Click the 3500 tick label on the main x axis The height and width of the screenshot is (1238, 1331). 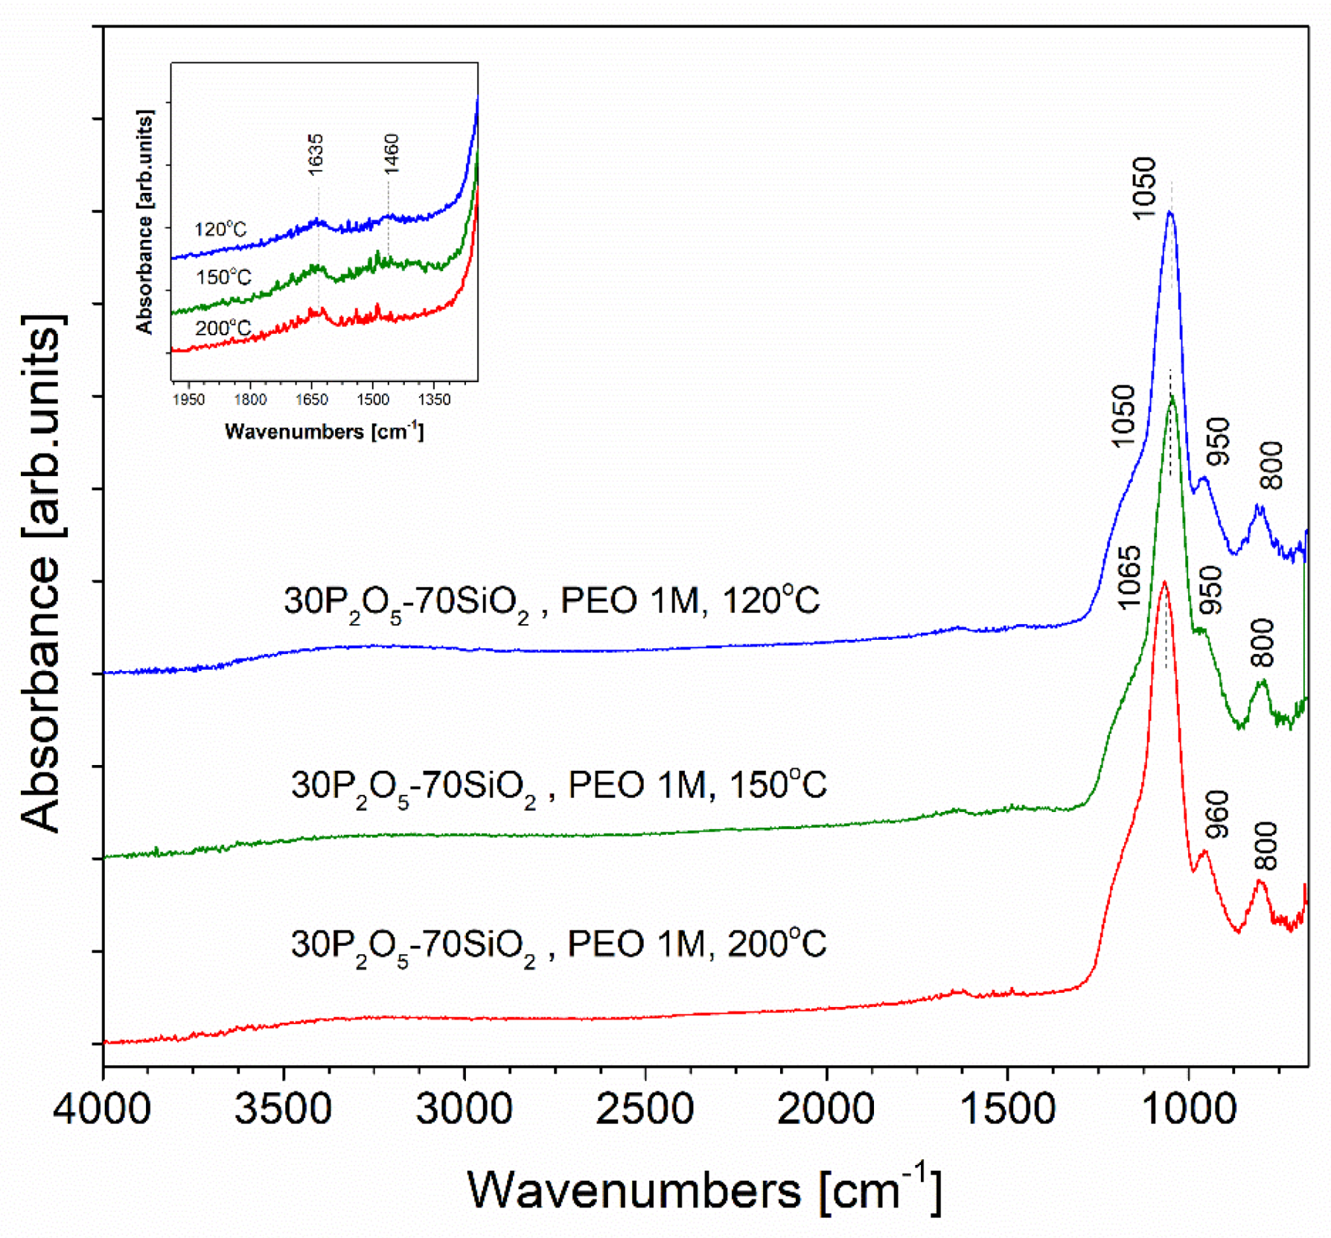(x=283, y=1109)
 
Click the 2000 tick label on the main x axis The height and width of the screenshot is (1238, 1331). (x=826, y=1109)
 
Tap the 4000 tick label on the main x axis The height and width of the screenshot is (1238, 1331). (x=103, y=1109)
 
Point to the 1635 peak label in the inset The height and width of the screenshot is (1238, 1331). (x=316, y=155)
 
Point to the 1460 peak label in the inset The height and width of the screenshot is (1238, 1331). (x=392, y=153)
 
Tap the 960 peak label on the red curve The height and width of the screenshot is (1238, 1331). (x=1216, y=814)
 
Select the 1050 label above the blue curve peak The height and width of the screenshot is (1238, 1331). (x=1143, y=188)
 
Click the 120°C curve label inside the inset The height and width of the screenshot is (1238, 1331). (x=220, y=229)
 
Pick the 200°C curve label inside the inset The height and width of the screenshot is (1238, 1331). (x=223, y=328)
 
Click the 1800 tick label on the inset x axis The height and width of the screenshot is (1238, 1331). (x=250, y=400)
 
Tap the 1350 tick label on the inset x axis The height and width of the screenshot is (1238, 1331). (x=434, y=400)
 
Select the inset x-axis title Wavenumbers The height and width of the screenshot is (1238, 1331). (x=324, y=431)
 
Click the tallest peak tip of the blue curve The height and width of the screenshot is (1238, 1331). (x=1170, y=213)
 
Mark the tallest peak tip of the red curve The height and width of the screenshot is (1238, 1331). (x=1164, y=583)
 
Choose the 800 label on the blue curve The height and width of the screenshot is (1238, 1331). (x=1272, y=466)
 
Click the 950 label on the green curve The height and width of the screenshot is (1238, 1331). (x=1212, y=589)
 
